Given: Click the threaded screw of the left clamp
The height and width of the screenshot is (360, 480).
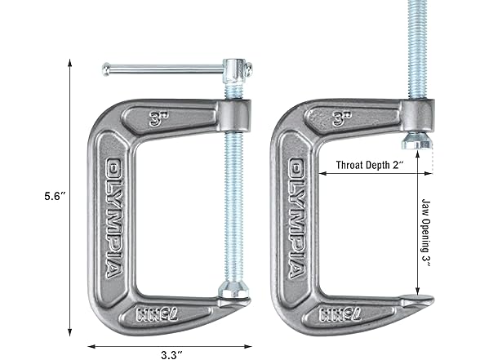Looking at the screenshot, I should pos(231,204).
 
